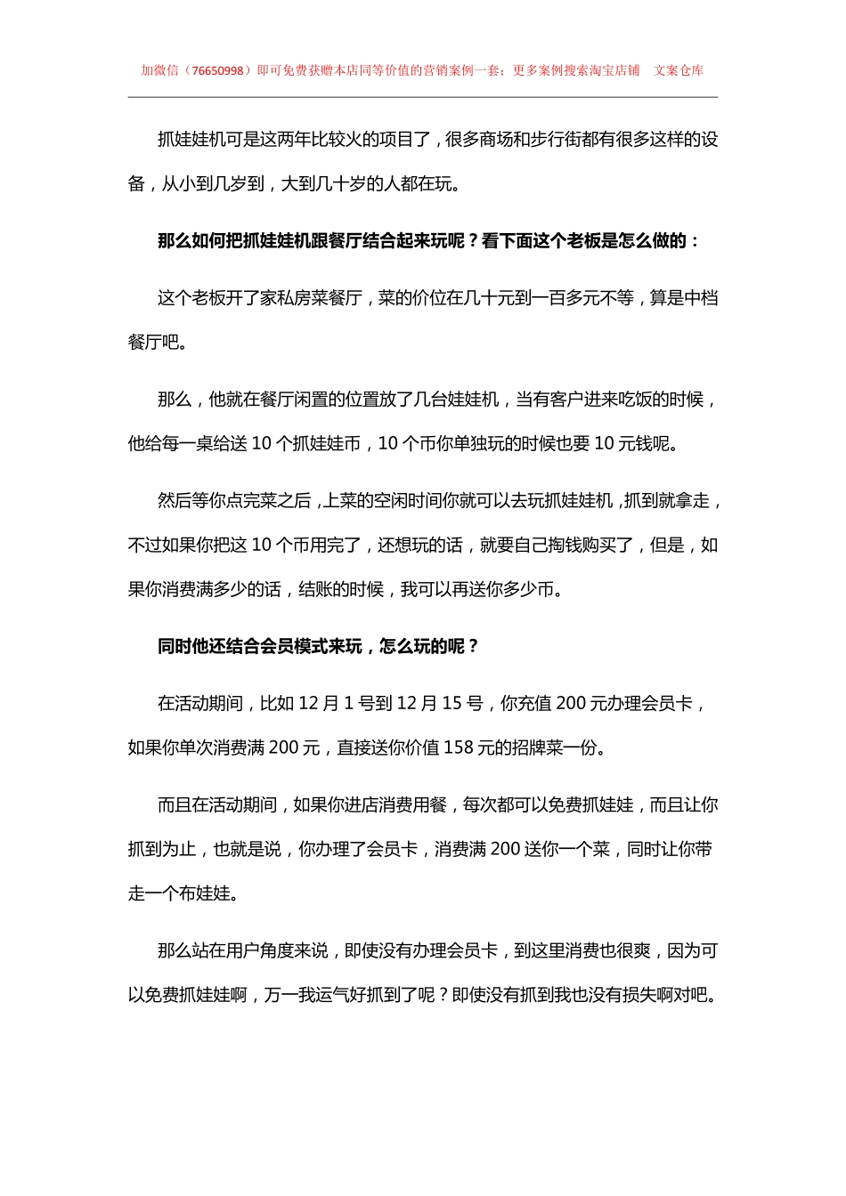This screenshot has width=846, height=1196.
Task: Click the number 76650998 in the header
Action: (x=217, y=70)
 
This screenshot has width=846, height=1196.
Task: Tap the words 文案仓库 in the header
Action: (x=679, y=70)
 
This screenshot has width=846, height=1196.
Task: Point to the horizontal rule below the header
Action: (x=423, y=97)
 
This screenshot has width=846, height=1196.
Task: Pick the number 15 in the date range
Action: (x=451, y=704)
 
